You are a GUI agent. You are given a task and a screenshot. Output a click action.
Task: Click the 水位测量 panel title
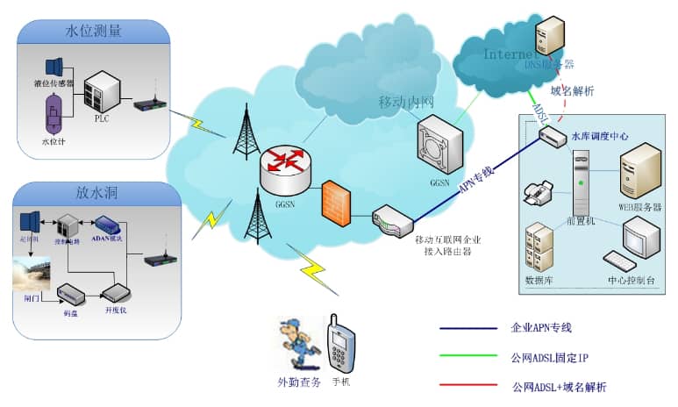coord(93,32)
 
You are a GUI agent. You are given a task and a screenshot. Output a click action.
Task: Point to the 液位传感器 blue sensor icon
coord(54,67)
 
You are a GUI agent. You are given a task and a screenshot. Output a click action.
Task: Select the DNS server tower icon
coord(550,35)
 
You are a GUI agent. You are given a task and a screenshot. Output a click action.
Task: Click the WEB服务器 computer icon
coord(639,171)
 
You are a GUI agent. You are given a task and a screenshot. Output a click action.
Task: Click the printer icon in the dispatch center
coord(536,189)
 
